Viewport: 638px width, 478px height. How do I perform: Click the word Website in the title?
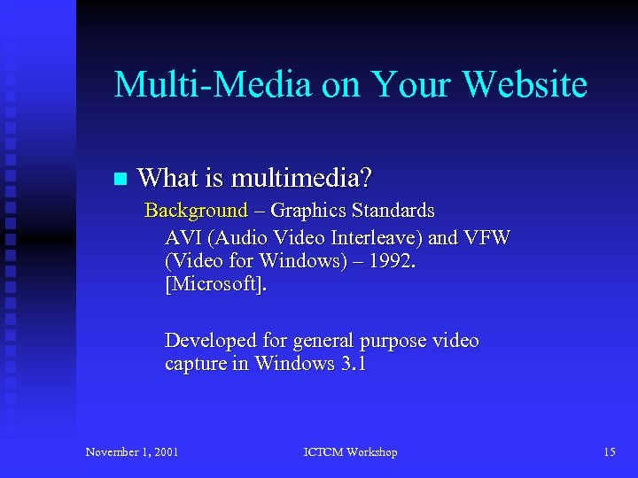coord(525,85)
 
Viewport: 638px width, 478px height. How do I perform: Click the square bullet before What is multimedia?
coord(121,180)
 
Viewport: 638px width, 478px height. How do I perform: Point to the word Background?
coord(196,211)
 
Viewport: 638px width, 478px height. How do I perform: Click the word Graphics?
coord(308,211)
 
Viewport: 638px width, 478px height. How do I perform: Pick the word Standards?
coord(393,211)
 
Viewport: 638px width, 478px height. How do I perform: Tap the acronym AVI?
coord(183,238)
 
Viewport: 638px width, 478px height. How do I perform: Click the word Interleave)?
coord(377,238)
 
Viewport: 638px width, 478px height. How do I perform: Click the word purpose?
coord(395,341)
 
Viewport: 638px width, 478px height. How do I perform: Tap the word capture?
coord(195,365)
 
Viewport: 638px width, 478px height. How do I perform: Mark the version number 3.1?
coord(353,365)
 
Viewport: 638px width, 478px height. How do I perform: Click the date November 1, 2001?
coord(132,452)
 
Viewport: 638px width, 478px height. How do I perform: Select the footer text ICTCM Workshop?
coord(350,452)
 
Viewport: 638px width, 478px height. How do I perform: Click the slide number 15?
coord(609,452)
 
